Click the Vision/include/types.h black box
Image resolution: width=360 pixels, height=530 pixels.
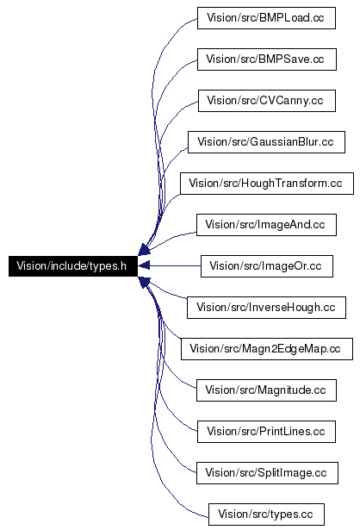pyautogui.click(x=73, y=266)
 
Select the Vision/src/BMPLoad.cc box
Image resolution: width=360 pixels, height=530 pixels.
pyautogui.click(x=266, y=18)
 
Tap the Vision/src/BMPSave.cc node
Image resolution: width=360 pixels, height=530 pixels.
pyautogui.click(x=266, y=59)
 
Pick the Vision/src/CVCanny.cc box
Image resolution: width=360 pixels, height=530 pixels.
pyautogui.click(x=266, y=101)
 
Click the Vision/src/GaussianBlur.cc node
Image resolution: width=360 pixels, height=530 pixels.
pyautogui.click(x=266, y=142)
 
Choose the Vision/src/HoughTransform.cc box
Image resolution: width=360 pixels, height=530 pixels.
pyautogui.click(x=267, y=184)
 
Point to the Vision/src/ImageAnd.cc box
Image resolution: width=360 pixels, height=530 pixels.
pyautogui.click(x=266, y=225)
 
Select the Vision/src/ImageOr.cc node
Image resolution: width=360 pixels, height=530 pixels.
pyautogui.click(x=266, y=266)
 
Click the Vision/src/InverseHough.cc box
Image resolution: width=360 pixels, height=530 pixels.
pyautogui.click(x=266, y=308)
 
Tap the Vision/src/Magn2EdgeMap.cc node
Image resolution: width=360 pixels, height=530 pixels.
pyautogui.click(x=267, y=349)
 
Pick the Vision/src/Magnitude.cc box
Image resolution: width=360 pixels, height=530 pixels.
pyautogui.click(x=266, y=390)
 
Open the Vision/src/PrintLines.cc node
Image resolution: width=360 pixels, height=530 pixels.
pyautogui.click(x=266, y=432)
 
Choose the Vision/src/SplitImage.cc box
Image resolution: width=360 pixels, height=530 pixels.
pyautogui.click(x=267, y=473)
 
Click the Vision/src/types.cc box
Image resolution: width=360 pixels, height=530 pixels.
pyautogui.click(x=266, y=514)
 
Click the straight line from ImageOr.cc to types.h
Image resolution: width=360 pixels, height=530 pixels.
pyautogui.click(x=175, y=266)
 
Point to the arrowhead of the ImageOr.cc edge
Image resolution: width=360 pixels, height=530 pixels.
pyautogui.click(x=144, y=266)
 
